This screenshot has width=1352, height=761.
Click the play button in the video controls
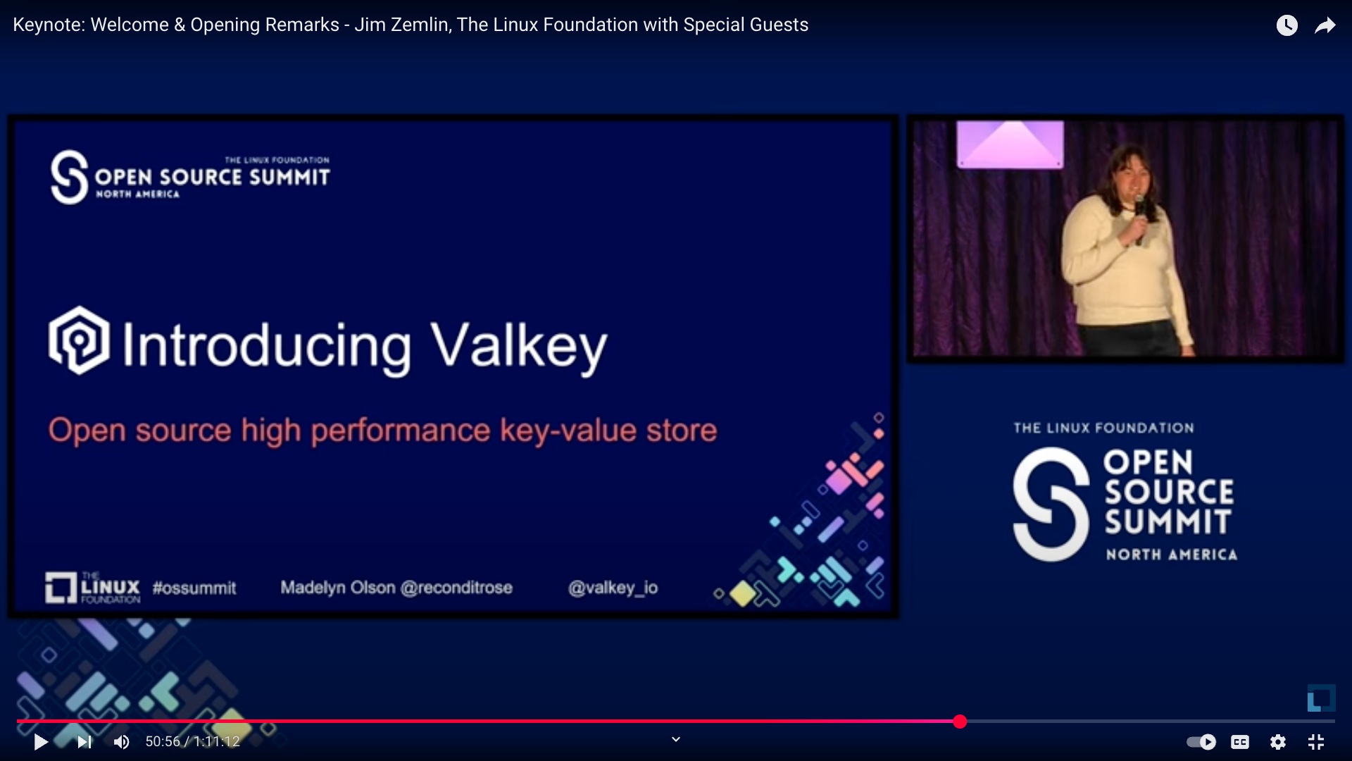click(41, 742)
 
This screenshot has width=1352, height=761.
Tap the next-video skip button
click(84, 742)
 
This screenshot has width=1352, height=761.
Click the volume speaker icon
click(122, 742)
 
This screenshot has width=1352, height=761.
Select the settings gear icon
click(1278, 742)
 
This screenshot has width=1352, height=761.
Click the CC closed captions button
click(1240, 742)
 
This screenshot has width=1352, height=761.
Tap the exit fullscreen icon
click(1316, 742)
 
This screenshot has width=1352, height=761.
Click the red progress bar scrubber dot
click(960, 722)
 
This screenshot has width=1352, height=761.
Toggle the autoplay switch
click(1201, 742)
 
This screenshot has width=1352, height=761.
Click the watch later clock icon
click(1287, 25)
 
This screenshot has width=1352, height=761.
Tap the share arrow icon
click(1325, 25)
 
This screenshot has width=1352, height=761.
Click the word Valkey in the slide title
click(519, 347)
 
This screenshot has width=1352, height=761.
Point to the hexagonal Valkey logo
click(79, 340)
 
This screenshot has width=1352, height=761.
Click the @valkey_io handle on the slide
click(613, 588)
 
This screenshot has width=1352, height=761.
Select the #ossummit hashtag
click(194, 588)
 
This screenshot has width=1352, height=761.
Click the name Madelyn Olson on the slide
click(338, 588)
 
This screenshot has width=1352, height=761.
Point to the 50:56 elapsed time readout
click(163, 742)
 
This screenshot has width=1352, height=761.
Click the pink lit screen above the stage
click(1010, 144)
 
